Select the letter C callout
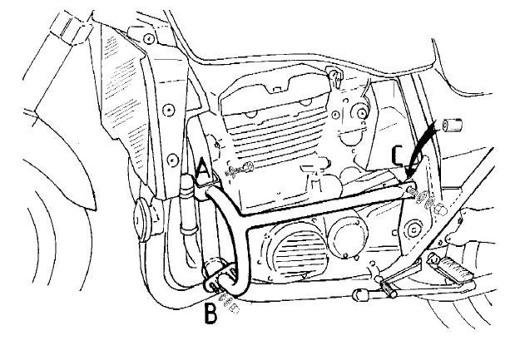[399, 155]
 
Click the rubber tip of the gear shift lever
[360, 296]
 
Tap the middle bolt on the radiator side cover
[169, 107]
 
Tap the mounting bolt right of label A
[240, 171]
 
